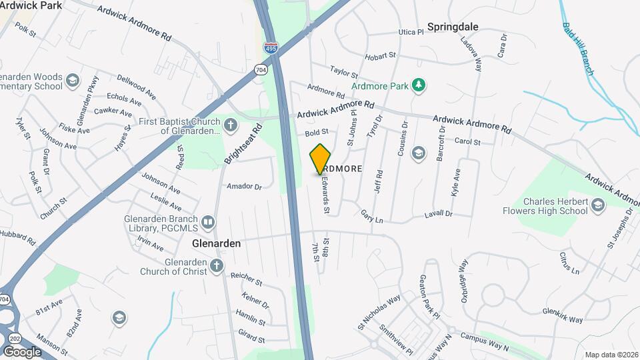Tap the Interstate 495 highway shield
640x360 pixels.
271,49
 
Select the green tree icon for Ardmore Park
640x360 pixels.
418,85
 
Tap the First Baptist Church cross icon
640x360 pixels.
230,125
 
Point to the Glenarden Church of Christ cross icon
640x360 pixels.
216,266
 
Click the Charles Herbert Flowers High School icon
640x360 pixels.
597,205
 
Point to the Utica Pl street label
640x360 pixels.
411,31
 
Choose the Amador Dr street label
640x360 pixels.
244,186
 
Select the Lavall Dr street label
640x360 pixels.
438,214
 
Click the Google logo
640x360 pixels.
23,351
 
